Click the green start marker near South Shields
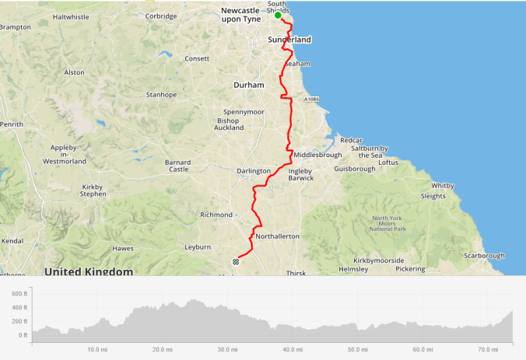tap(278, 15)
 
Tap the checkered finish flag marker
tap(235, 261)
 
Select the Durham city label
tap(249, 84)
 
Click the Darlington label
tap(254, 171)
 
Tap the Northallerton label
tap(278, 236)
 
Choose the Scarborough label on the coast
tap(484, 255)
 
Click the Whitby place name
tap(443, 186)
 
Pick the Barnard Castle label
tap(178, 165)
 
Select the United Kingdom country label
tap(89, 271)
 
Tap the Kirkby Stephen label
tap(96, 191)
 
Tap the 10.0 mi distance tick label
tap(96, 350)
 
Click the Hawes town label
tap(123, 248)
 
